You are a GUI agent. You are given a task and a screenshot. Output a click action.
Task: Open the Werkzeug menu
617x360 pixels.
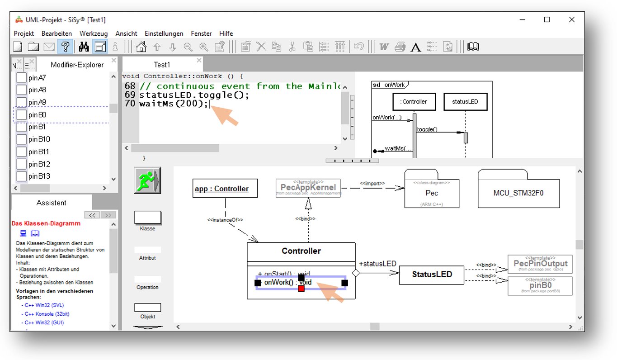94,33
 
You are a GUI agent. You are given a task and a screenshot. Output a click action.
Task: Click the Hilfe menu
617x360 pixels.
226,33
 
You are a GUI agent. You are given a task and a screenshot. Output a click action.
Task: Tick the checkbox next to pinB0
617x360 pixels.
21,115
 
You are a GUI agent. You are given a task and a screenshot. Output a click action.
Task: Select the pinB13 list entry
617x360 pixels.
39,176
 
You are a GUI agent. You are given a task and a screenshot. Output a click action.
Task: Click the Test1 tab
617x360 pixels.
162,65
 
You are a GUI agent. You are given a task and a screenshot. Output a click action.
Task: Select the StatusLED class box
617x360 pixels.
432,275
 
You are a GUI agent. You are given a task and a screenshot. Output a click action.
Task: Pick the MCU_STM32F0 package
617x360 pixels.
518,193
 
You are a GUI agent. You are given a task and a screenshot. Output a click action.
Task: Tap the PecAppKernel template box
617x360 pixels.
308,188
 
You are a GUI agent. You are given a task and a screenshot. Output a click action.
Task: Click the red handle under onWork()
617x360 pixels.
301,289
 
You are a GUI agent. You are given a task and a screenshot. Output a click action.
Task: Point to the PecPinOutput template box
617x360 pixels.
540,264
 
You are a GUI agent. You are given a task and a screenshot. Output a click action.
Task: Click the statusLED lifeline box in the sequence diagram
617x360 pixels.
465,102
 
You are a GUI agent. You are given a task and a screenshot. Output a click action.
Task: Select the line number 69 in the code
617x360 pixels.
130,95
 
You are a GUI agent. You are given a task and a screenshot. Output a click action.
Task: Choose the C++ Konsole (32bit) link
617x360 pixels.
47,314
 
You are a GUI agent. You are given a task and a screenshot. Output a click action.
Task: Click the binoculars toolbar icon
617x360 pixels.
84,47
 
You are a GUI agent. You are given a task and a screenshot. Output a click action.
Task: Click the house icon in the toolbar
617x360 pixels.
141,47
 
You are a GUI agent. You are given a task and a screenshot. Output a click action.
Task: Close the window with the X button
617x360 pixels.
571,20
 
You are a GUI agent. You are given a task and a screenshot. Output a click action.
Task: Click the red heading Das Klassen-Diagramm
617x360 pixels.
46,223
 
